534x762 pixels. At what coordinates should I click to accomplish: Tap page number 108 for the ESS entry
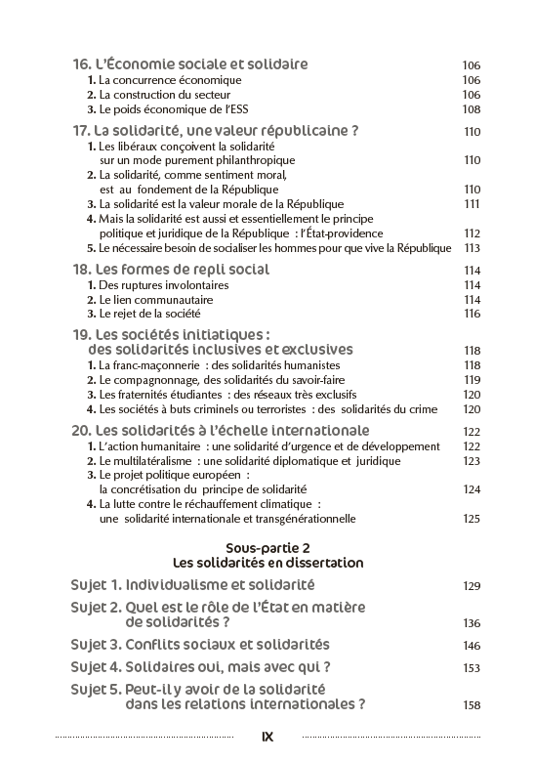click(472, 110)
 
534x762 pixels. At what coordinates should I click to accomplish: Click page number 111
click(472, 204)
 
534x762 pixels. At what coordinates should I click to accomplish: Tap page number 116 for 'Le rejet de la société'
click(472, 315)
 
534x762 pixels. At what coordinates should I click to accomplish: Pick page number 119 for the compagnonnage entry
click(472, 380)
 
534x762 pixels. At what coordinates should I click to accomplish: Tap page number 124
click(472, 489)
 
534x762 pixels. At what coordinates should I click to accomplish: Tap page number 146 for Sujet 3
click(472, 646)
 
